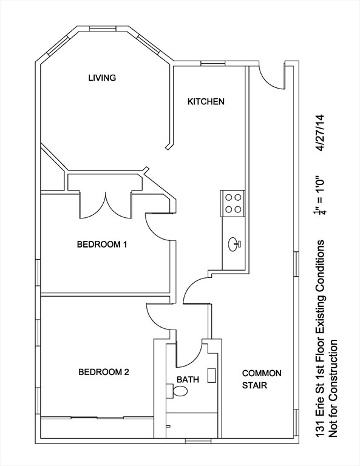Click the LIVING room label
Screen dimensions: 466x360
point(102,78)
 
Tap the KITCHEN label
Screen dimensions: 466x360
point(206,101)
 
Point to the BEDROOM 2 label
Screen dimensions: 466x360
point(104,372)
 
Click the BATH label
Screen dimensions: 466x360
point(188,379)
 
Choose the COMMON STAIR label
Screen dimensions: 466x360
point(262,379)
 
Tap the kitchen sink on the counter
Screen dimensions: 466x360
point(234,245)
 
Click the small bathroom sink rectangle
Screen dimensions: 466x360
point(212,375)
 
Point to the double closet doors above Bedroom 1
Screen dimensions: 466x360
point(105,204)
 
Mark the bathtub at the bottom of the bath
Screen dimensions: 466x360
point(192,424)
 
